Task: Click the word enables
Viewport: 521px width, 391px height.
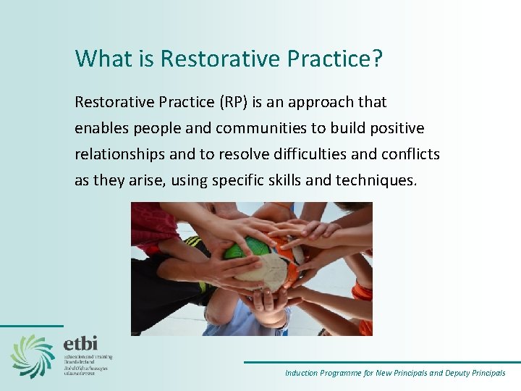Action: coord(99,128)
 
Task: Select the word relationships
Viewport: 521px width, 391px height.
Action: coord(117,154)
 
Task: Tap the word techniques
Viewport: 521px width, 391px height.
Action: coord(376,180)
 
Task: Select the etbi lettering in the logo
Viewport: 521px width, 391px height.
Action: coord(80,342)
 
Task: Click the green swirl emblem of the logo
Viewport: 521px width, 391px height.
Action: coord(33,356)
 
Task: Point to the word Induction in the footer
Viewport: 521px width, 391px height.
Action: coord(301,374)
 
